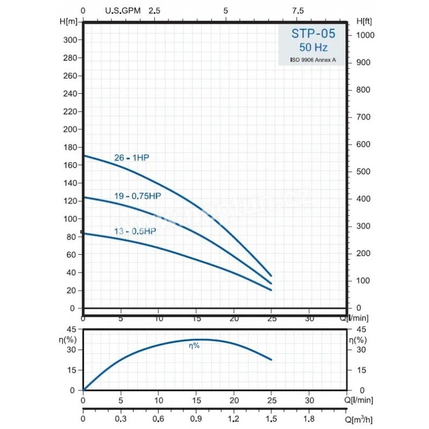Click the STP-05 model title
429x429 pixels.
coord(314,34)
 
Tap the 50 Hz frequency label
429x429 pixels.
coord(314,48)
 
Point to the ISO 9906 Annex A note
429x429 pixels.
coord(314,60)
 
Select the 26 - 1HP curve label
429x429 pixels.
coord(132,158)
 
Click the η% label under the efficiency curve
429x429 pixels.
coord(194,346)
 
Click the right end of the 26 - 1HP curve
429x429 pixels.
coord(271,276)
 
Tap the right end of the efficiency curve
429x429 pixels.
coord(271,359)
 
